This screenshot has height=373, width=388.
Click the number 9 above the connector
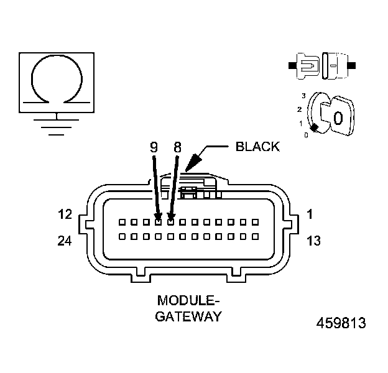coord(154,147)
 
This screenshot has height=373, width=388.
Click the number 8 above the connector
coord(177,147)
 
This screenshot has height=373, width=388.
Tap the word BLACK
coord(257,147)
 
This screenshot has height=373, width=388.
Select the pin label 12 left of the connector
coord(65,214)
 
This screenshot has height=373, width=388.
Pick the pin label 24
coord(65,241)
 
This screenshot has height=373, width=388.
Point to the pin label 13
coord(314,241)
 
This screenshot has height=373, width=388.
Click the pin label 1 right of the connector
coord(309,214)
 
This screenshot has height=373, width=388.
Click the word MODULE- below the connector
coord(187,301)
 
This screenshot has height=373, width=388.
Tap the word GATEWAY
coord(188,316)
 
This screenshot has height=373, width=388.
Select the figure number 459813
coord(341,325)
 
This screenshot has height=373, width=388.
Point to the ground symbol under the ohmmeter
coord(57,124)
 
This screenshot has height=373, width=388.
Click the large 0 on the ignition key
coord(338,117)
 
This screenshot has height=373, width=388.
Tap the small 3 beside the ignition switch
coord(303,96)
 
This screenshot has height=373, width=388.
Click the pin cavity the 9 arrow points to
coord(159,221)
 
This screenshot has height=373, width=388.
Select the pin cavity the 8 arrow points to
coord(170,221)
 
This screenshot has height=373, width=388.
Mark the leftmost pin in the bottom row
coord(122,237)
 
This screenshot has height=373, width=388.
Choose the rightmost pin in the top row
coord(255,221)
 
